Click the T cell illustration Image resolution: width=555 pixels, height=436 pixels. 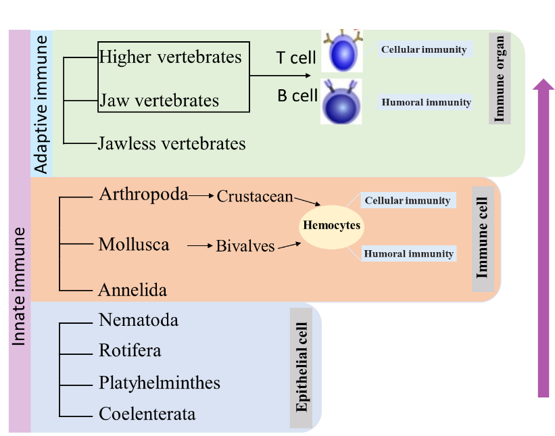coord(342,51)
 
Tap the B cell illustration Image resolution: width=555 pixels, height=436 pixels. coord(341,102)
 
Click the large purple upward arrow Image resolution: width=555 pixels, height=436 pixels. coord(543,237)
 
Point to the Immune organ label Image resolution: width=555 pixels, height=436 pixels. coord(500,78)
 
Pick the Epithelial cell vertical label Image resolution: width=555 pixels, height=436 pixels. coord(301,368)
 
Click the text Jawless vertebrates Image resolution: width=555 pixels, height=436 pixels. coord(172,143)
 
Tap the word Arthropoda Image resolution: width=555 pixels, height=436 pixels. coord(143,195)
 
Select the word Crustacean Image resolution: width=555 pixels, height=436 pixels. coord(255,196)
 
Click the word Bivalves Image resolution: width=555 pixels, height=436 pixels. coord(245,246)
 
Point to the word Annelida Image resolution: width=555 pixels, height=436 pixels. coord(132,290)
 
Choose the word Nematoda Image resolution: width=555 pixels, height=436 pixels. coord(139,320)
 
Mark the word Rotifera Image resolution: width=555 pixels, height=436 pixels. coord(130,351)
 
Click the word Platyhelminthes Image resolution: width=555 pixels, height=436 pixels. coord(160,383)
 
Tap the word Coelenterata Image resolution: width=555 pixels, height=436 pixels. coord(147,414)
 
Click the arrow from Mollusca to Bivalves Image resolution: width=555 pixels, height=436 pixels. coord(199,246)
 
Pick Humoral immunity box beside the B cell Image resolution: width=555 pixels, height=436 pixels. coord(426,103)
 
